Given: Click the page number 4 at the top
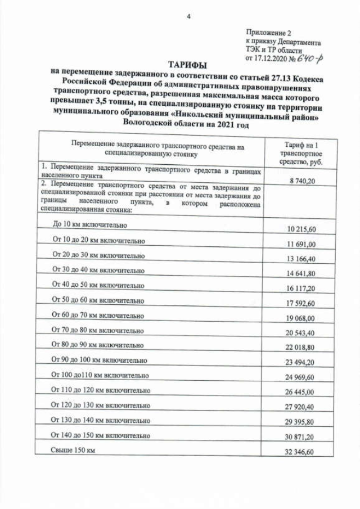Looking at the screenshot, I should pos(188,16).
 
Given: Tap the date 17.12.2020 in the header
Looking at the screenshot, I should pos(269,58).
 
